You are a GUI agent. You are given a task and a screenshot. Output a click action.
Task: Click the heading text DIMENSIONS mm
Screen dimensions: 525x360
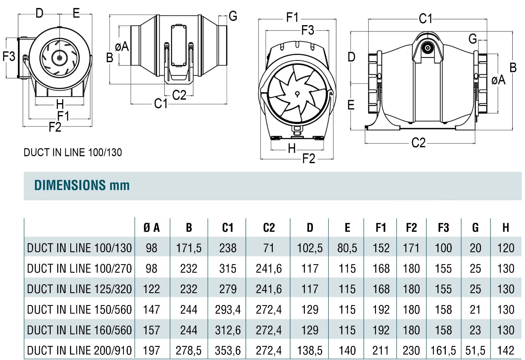tap(82, 185)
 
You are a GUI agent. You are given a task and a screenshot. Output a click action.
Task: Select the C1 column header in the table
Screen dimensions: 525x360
tap(227, 228)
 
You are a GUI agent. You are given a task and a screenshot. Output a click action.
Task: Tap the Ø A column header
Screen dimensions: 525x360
tap(152, 228)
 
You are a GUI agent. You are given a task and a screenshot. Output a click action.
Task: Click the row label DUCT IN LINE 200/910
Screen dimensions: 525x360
tap(80, 350)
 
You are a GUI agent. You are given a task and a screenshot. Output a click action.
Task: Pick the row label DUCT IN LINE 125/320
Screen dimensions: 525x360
tap(80, 289)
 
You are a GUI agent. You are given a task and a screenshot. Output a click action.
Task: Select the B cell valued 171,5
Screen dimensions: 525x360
tap(189, 248)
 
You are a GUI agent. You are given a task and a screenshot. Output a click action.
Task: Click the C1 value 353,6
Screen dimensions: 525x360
tap(228, 350)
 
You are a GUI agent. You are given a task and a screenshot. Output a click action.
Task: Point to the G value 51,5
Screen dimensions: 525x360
tap(475, 350)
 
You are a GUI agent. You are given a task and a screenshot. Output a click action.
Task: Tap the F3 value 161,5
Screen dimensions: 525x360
tap(443, 350)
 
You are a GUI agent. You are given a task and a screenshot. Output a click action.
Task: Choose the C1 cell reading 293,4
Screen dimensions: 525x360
tap(228, 310)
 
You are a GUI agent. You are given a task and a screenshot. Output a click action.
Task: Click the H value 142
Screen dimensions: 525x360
tap(506, 350)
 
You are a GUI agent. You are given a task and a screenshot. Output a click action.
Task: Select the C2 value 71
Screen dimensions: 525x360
tap(269, 248)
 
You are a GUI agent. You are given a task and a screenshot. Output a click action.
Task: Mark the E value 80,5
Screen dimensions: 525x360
tap(347, 248)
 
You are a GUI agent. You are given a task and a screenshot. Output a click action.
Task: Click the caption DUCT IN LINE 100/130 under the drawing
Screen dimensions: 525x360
tap(73, 153)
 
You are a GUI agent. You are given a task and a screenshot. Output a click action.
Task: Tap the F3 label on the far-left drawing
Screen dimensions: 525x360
tap(9, 56)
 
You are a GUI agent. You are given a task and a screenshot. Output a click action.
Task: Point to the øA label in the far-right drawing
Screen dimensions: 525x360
tap(498, 80)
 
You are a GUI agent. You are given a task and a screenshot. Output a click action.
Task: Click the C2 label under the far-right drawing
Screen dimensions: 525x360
tap(419, 143)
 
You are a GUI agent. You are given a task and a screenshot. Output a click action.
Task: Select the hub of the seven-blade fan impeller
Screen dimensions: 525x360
tap(297, 94)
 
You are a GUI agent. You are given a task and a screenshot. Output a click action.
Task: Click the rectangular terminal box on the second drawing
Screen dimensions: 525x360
tap(179, 46)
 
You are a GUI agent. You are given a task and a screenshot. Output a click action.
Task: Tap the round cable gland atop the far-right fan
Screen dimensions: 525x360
tap(428, 48)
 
